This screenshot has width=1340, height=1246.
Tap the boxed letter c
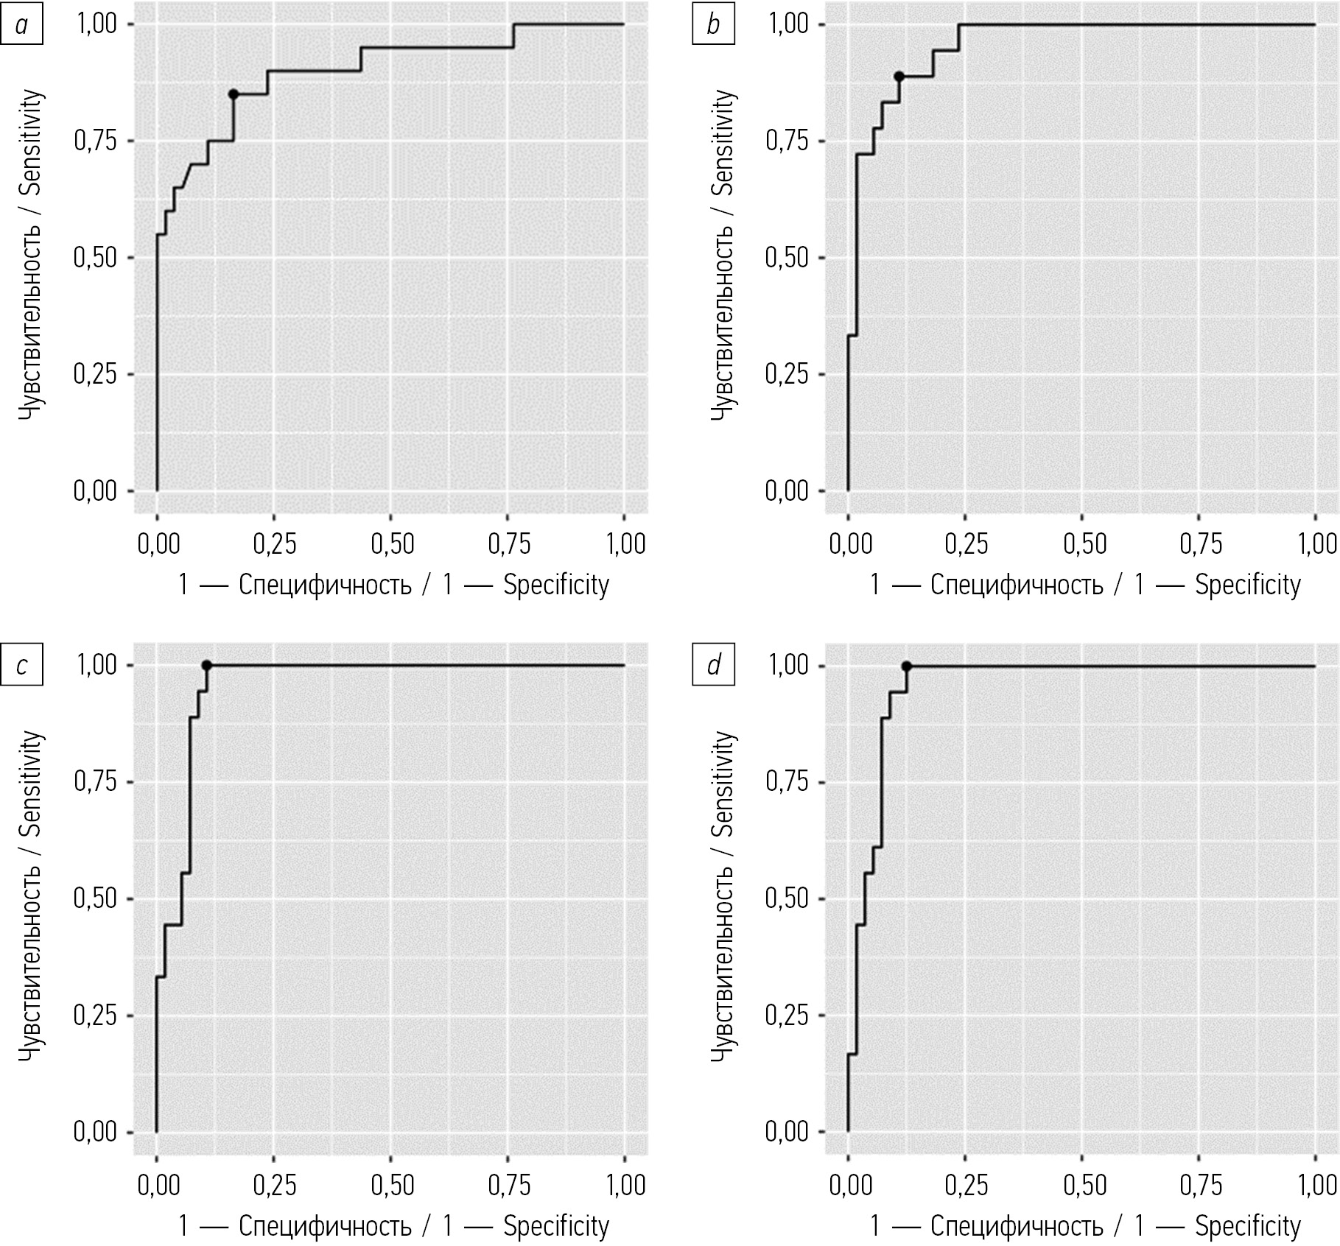point(21,666)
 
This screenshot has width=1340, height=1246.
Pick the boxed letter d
point(713,666)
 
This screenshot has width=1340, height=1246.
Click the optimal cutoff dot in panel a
point(234,94)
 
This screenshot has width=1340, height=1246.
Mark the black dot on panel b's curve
point(899,77)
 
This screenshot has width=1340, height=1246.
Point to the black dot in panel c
point(207,666)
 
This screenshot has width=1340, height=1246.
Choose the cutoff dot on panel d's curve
point(907,666)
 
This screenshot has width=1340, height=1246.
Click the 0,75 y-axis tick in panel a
point(96,141)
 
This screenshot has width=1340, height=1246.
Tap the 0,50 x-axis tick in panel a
point(392,544)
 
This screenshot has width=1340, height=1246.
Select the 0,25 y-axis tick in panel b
point(787,375)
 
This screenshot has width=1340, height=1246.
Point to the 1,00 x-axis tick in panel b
point(1316,544)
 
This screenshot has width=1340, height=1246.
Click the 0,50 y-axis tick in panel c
point(96,899)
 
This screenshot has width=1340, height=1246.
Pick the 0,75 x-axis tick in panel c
point(509,1185)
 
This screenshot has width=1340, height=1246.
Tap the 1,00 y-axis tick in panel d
point(787,666)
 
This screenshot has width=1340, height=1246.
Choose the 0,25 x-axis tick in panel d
point(967,1185)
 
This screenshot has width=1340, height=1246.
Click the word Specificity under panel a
point(556,585)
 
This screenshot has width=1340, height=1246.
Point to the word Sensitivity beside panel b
point(725,142)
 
